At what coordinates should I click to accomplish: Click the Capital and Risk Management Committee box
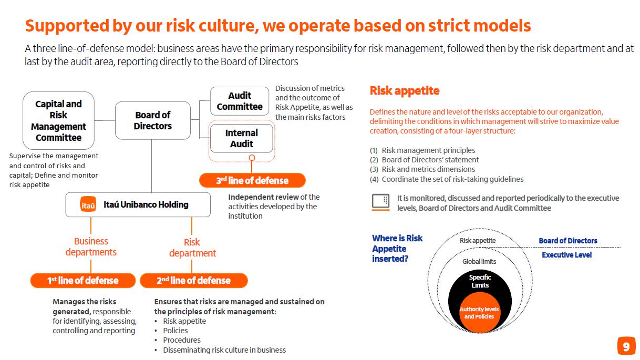(x=59, y=120)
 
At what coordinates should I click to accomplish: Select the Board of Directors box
(x=152, y=120)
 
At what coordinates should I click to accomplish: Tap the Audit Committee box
(x=240, y=101)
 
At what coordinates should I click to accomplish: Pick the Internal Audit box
(x=242, y=138)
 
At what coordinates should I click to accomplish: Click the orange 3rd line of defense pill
(x=252, y=180)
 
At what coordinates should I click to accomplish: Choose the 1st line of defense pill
(x=82, y=280)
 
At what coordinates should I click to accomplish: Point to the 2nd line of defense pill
(x=193, y=280)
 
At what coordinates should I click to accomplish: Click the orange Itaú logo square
(x=88, y=205)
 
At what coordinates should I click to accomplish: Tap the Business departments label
(x=91, y=246)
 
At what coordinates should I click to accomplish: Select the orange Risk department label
(x=192, y=248)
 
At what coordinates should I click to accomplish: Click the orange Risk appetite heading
(x=404, y=90)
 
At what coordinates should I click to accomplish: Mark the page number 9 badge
(x=626, y=346)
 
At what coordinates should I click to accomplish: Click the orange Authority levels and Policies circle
(x=479, y=313)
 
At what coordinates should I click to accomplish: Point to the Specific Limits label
(x=480, y=281)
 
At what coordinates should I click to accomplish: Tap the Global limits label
(x=479, y=261)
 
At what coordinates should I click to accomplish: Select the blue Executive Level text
(x=566, y=255)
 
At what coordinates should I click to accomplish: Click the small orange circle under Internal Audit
(x=252, y=157)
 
